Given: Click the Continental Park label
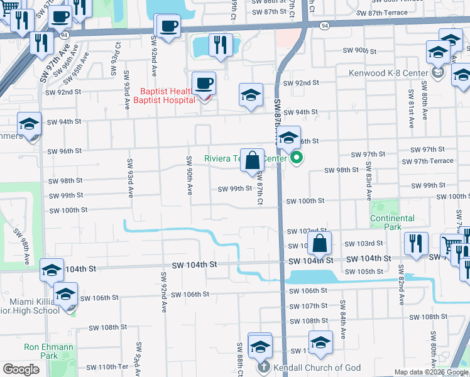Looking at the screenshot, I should click(392, 222).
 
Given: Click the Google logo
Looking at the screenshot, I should click(21, 369).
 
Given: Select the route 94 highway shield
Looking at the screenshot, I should click(323, 26).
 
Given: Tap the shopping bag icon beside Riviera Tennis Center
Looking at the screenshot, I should click(252, 160).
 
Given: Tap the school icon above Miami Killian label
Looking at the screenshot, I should click(52, 270).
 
